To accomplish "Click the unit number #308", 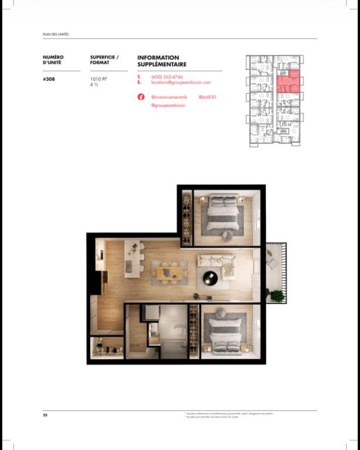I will click(x=49, y=79).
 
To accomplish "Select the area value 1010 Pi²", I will click(x=97, y=79).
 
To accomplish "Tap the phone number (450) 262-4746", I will click(x=167, y=77).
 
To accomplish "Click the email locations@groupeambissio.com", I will click(x=180, y=83).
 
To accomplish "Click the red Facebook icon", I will click(x=141, y=97).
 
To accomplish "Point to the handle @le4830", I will click(x=207, y=97).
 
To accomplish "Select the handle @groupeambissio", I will click(x=168, y=105).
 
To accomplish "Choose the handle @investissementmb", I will click(x=169, y=97).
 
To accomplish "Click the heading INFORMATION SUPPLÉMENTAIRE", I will click(x=162, y=61).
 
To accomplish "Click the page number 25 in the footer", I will click(x=44, y=415).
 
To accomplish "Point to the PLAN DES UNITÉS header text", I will click(x=56, y=35).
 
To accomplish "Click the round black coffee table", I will click(x=210, y=278).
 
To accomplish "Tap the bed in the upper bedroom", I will click(x=224, y=213).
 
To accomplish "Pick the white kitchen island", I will click(x=129, y=267).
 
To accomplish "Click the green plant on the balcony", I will click(x=276, y=295).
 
